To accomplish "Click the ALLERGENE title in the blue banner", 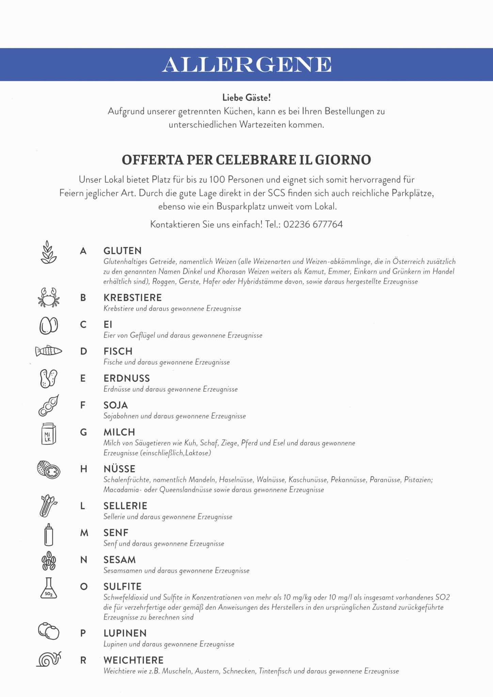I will pyautogui.click(x=246, y=64).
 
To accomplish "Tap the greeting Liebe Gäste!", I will pyautogui.click(x=246, y=98).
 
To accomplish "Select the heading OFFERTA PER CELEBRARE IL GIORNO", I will pyautogui.click(x=246, y=160).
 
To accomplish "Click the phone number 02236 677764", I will pyautogui.click(x=313, y=225).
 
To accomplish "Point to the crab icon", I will pyautogui.click(x=49, y=298).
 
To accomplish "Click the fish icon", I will pyautogui.click(x=49, y=351).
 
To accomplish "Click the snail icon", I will pyautogui.click(x=49, y=660).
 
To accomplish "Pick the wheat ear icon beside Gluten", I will pyautogui.click(x=49, y=252).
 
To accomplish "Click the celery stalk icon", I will pyautogui.click(x=49, y=506).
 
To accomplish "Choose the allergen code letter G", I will pyautogui.click(x=83, y=433).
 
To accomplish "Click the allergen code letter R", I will pyautogui.click(x=83, y=661).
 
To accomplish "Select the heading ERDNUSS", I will pyautogui.click(x=127, y=378).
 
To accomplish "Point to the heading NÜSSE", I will pyautogui.click(x=120, y=469).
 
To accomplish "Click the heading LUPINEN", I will pyautogui.click(x=125, y=633).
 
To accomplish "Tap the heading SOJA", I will pyautogui.click(x=116, y=405).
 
